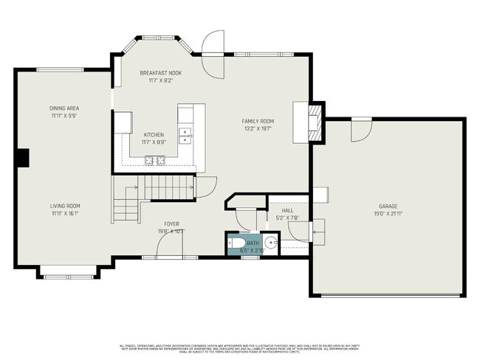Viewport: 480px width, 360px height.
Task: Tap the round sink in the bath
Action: (272, 241)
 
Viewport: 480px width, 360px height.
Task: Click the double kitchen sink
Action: (188, 135)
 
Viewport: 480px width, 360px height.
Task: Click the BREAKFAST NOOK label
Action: (160, 73)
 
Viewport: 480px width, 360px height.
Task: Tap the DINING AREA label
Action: (65, 108)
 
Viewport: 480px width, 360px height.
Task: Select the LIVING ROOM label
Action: (65, 206)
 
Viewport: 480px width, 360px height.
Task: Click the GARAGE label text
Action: (389, 207)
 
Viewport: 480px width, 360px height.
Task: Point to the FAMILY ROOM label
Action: (258, 120)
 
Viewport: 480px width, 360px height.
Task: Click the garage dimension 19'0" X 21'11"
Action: (389, 214)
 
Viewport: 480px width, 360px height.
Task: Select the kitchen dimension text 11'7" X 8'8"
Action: (154, 142)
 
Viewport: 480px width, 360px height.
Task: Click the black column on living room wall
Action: (23, 157)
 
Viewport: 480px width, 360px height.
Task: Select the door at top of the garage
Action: (360, 131)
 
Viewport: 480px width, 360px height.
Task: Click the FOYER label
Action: (171, 224)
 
